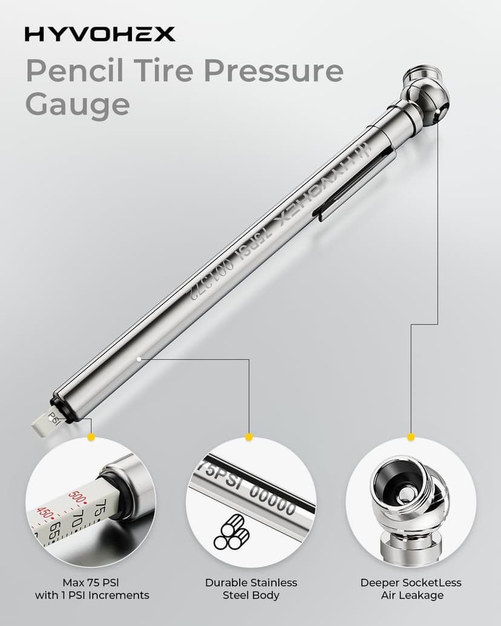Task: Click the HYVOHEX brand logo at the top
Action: (100, 34)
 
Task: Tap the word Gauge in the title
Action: (77, 104)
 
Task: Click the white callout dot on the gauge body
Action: (139, 359)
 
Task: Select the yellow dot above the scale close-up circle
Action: (91, 437)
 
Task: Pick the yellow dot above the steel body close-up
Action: (248, 437)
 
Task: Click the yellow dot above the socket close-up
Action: (411, 437)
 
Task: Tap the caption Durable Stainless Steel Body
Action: (250, 589)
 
